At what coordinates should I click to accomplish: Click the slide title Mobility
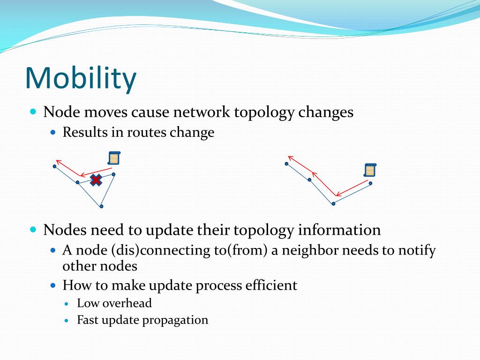[x=81, y=79]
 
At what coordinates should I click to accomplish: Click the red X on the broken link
[x=96, y=180]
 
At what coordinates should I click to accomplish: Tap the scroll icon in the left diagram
[x=114, y=158]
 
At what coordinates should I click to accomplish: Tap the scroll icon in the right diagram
[x=370, y=170]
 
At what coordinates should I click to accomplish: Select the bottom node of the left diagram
[x=102, y=206]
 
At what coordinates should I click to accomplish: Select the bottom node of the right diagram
[x=333, y=203]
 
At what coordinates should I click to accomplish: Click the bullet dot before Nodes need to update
[x=33, y=229]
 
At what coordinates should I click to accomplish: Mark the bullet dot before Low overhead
[x=67, y=304]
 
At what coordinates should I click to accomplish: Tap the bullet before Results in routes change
[x=53, y=133]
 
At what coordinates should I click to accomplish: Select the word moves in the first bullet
[x=105, y=112]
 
